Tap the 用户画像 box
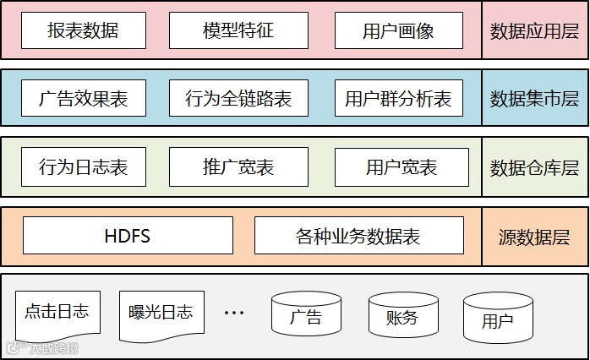point(398,31)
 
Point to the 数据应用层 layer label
point(535,31)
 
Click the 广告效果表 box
point(83,99)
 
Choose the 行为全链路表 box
point(238,99)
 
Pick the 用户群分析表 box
point(398,99)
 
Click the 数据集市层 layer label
point(535,99)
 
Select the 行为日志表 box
point(83,166)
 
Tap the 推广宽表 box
point(238,166)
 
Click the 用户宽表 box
point(402,166)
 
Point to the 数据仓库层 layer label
point(535,166)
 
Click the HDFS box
point(128,236)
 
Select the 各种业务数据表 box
point(358,236)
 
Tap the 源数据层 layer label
point(535,236)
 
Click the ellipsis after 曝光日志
point(233,313)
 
